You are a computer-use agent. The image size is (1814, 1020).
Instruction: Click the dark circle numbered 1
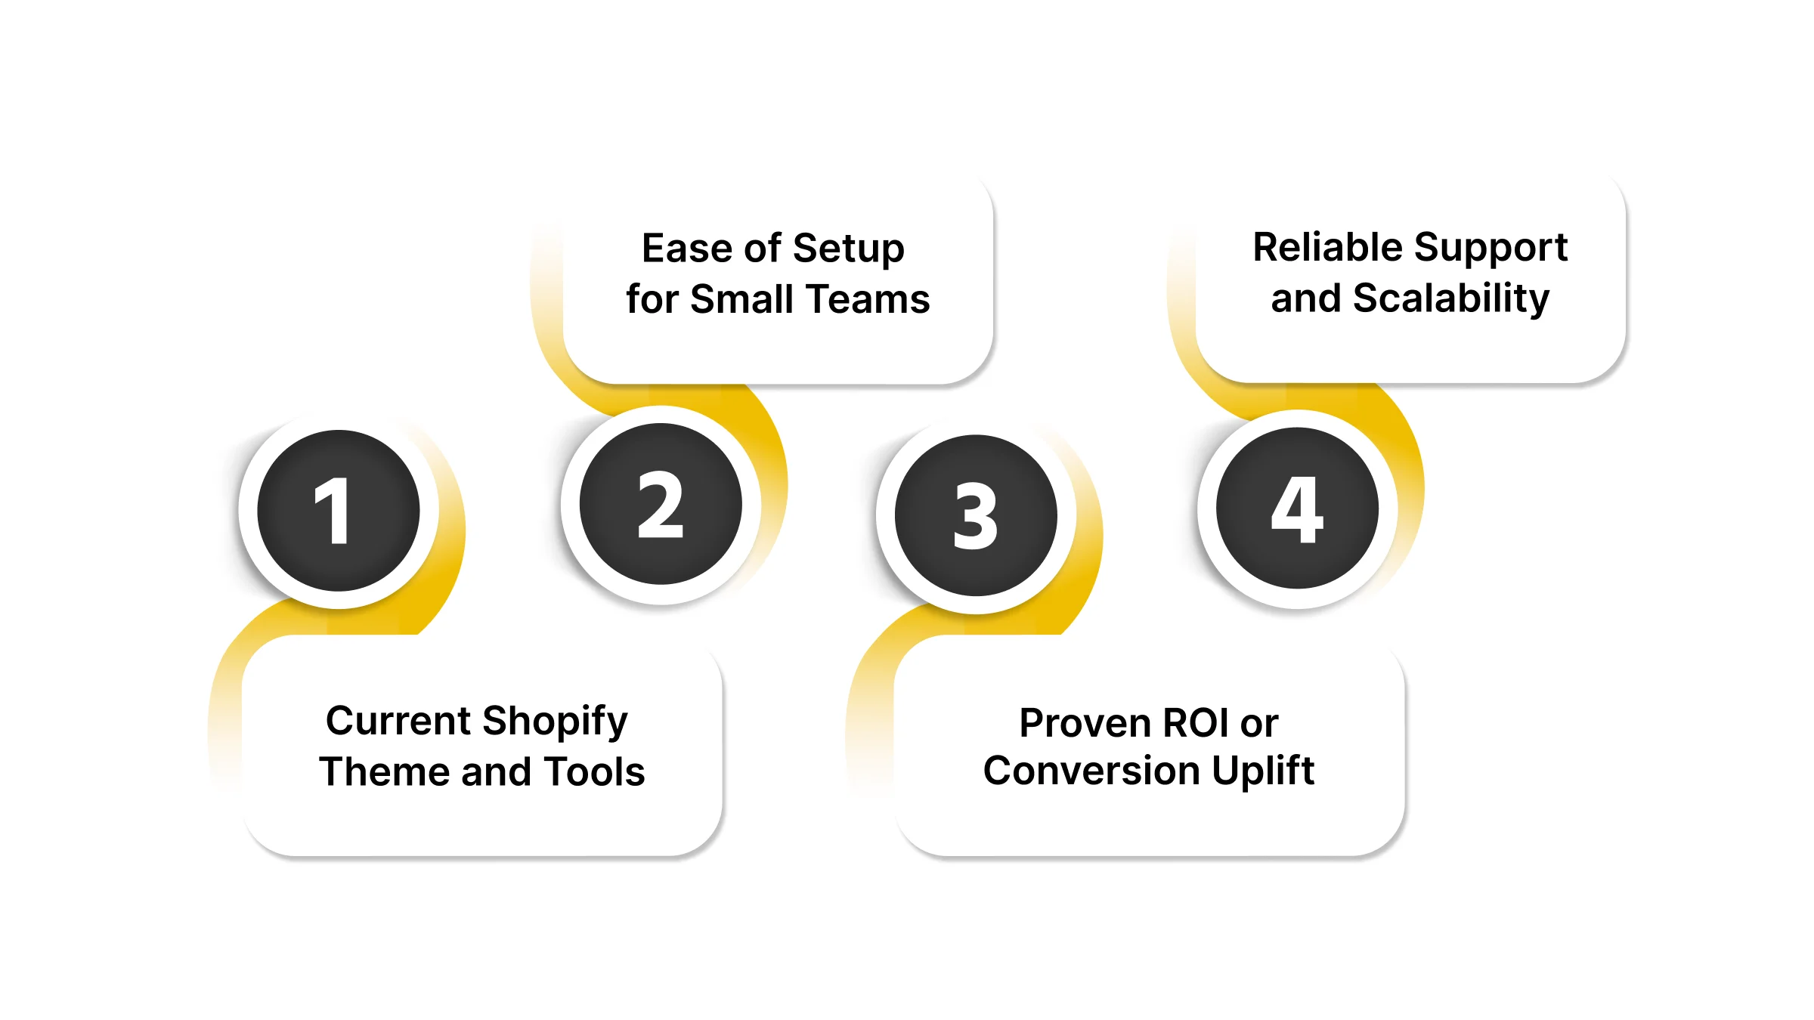(x=339, y=511)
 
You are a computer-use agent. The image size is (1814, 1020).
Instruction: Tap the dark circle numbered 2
(x=661, y=504)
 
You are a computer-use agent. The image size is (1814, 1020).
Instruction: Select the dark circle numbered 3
(x=976, y=515)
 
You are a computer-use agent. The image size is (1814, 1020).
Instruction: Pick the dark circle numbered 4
(x=1297, y=508)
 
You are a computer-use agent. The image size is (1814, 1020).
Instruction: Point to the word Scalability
(x=1450, y=299)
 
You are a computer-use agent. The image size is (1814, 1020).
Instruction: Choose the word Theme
(x=385, y=772)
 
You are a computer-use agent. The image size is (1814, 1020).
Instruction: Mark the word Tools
(x=594, y=772)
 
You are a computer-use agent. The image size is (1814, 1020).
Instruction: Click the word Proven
(x=1085, y=723)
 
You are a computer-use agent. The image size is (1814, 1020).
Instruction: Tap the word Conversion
(x=1091, y=771)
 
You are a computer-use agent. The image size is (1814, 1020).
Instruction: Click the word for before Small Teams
(x=652, y=299)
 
